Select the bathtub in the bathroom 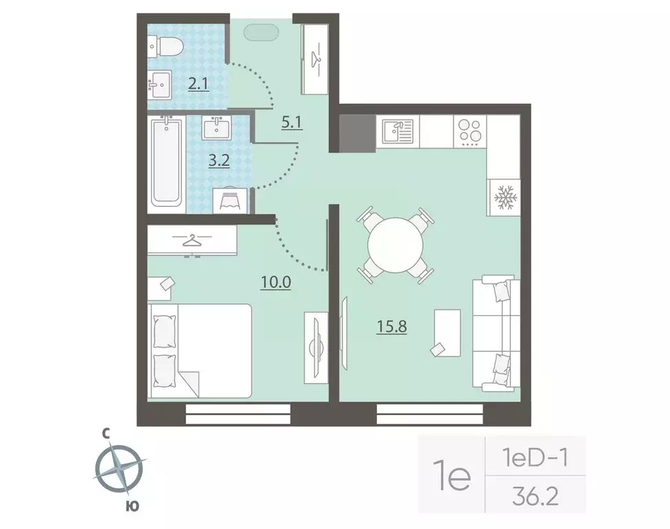pyautogui.click(x=166, y=162)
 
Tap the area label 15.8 pyautogui.click(x=392, y=327)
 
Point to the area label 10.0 pyautogui.click(x=276, y=282)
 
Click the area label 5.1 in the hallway pyautogui.click(x=292, y=123)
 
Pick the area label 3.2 pyautogui.click(x=219, y=161)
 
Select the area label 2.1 pyautogui.click(x=199, y=84)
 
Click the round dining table pyautogui.click(x=396, y=245)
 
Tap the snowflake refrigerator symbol pyautogui.click(x=505, y=197)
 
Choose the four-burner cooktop pyautogui.click(x=469, y=131)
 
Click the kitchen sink pyautogui.click(x=398, y=131)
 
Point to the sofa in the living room pyautogui.click(x=496, y=333)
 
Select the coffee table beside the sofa pyautogui.click(x=447, y=333)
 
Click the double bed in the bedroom pyautogui.click(x=199, y=351)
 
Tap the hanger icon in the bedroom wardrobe pyautogui.click(x=192, y=241)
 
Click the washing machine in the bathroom pyautogui.click(x=230, y=200)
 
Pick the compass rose pyautogui.click(x=119, y=469)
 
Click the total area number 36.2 pyautogui.click(x=536, y=497)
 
